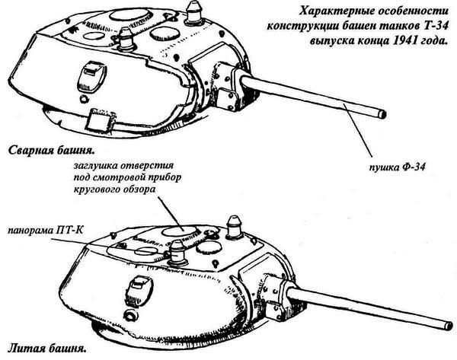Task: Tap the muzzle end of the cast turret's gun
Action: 446,323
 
